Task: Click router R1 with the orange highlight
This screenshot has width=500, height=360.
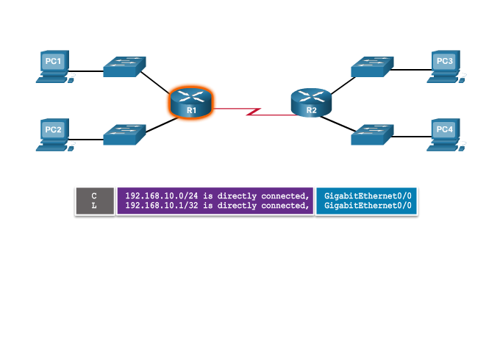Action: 190,101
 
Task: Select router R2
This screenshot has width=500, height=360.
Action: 311,102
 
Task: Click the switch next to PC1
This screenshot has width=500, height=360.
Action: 124,67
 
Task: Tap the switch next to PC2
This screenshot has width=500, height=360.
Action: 124,134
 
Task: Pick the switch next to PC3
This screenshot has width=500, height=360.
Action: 372,67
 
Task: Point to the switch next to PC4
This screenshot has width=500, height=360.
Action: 372,134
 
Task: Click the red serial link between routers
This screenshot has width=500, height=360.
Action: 250,112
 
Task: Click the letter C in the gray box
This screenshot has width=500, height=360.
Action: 94,195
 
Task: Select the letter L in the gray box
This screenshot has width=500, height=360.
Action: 94,206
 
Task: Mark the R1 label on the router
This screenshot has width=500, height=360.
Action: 191,110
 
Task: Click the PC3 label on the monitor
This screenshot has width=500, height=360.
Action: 444,61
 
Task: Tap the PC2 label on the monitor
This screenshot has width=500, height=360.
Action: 53,130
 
